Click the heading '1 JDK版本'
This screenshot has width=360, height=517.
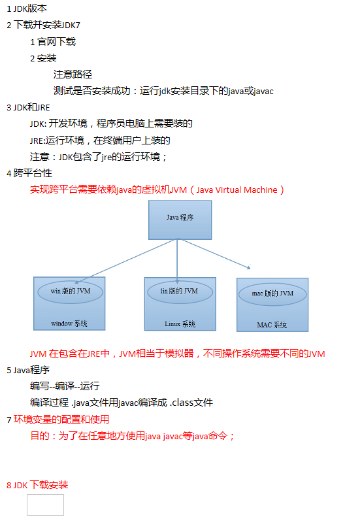pos(27,8)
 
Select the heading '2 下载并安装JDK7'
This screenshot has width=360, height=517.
pos(44,25)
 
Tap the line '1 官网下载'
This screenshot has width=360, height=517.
pos(53,42)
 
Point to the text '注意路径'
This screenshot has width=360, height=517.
pos(73,75)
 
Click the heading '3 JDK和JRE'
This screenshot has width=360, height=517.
pos(28,107)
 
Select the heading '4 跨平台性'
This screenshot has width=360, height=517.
pos(29,173)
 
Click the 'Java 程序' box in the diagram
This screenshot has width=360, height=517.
pos(180,220)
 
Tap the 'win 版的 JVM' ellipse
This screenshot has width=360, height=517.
pos(70,292)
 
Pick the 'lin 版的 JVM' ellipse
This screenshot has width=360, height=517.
pos(180,292)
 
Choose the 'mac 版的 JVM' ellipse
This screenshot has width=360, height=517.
pos(272,293)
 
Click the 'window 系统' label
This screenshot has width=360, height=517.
pos(69,324)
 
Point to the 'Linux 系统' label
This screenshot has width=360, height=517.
pos(180,324)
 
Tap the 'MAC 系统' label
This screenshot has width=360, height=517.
pos(272,325)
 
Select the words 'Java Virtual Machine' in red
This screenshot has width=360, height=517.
pos(237,190)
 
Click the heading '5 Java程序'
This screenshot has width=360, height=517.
pos(28,371)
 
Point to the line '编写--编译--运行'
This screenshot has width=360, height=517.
pos(65,386)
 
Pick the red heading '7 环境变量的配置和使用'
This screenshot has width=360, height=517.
pos(58,420)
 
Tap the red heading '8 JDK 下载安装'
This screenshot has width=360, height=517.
pos(37,485)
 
